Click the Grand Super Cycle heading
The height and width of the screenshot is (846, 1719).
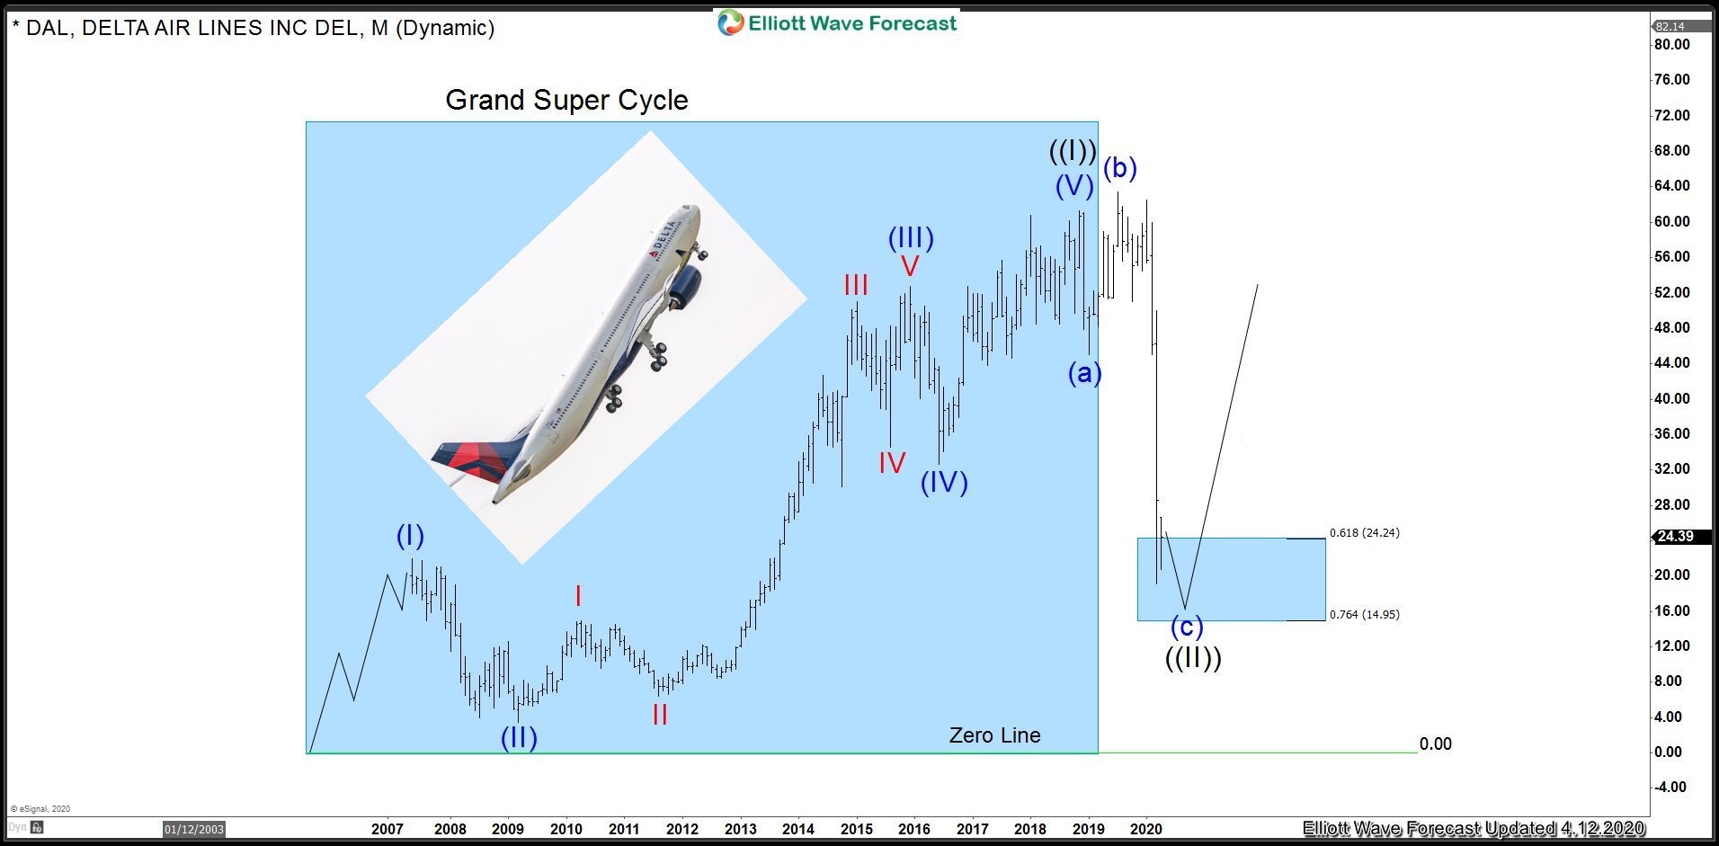(566, 100)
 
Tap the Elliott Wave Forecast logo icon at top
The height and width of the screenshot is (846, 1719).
(730, 22)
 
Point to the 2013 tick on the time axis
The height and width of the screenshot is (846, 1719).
(740, 829)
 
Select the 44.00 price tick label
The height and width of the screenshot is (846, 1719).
(1673, 362)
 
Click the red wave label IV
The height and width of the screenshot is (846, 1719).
(892, 463)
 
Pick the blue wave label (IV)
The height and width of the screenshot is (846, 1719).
(944, 483)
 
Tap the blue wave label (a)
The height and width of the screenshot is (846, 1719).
(1084, 372)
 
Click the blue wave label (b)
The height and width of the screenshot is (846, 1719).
(1120, 168)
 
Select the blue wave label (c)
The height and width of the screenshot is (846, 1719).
(1186, 626)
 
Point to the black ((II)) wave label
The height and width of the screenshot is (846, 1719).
(1193, 658)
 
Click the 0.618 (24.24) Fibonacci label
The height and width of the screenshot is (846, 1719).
(1364, 532)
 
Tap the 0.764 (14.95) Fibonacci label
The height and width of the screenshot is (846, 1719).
(1364, 614)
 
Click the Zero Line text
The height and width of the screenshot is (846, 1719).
(994, 735)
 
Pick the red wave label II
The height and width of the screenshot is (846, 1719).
(660, 715)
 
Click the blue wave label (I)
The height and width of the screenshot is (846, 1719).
(410, 536)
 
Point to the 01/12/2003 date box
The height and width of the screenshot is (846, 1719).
(193, 829)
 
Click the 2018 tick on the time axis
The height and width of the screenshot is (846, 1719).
(1029, 829)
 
